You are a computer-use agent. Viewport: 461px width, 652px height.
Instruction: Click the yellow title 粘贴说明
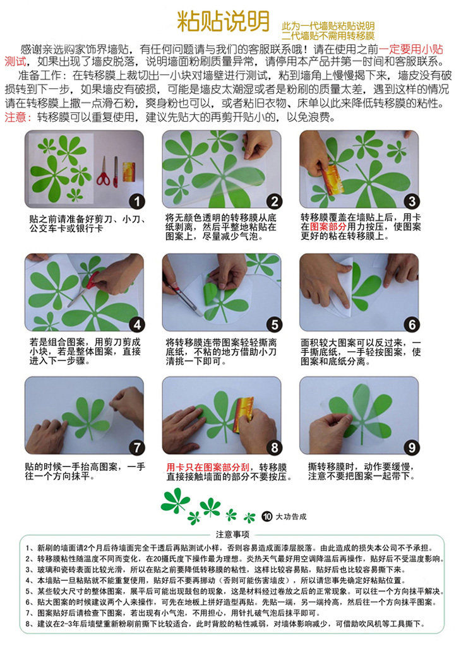click(x=224, y=21)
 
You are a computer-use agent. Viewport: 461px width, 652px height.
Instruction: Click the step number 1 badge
click(x=137, y=202)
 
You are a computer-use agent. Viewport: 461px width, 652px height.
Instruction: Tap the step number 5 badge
click(x=274, y=325)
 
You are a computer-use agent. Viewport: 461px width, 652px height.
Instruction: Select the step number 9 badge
click(x=412, y=448)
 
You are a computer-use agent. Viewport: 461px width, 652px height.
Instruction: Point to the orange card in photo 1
click(x=129, y=171)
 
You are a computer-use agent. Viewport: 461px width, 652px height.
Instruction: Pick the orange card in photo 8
click(x=242, y=415)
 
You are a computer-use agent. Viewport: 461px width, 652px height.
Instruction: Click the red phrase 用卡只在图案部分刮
click(x=208, y=467)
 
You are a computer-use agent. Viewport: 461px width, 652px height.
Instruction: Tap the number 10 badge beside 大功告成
click(x=266, y=516)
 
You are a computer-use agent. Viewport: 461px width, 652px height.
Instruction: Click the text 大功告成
click(x=291, y=516)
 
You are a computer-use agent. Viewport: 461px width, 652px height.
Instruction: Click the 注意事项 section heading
click(x=232, y=535)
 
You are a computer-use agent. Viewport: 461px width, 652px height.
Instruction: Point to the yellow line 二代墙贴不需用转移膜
click(x=328, y=36)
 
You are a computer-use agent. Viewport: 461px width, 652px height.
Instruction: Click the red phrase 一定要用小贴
click(x=410, y=49)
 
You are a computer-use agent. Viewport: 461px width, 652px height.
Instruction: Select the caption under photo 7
click(x=85, y=471)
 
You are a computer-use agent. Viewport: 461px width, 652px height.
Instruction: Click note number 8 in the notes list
click(x=225, y=624)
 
